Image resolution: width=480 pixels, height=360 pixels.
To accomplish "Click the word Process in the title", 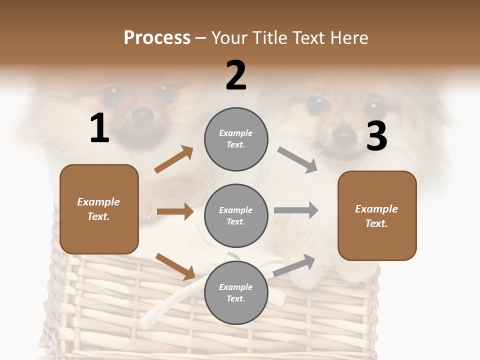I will tap(157, 37).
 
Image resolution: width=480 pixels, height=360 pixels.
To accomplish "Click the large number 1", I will tap(99, 128).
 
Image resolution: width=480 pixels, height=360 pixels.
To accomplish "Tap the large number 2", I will tap(236, 75).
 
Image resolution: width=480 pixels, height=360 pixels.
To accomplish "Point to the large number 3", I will tap(376, 136).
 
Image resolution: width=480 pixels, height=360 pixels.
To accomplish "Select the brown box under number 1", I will tap(99, 209).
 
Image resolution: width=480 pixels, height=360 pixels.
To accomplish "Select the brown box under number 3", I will tap(377, 215).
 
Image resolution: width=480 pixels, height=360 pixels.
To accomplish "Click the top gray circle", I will tap(236, 138).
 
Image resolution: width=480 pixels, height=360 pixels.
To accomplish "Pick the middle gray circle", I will tap(236, 215).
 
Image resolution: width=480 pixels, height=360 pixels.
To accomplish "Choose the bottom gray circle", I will tap(236, 292).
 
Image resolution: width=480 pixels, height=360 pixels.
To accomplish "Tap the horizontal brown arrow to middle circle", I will tap(175, 211).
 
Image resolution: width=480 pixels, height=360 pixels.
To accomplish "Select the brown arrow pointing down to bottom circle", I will tap(175, 266).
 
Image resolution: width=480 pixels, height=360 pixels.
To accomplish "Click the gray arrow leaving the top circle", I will tap(297, 159).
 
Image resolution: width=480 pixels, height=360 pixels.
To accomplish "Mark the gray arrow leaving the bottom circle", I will tap(294, 265).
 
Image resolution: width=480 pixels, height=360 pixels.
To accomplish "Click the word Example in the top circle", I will tap(236, 133).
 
